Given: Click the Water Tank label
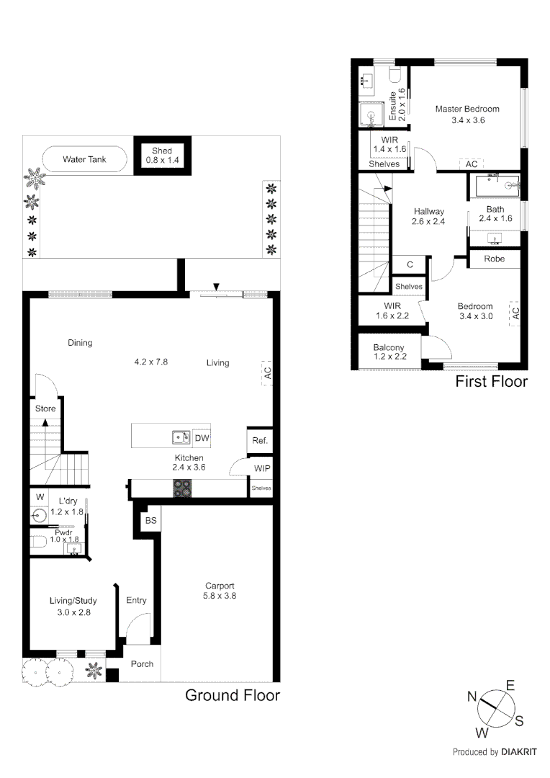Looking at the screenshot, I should (84, 159).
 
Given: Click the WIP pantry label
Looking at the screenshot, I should (261, 468).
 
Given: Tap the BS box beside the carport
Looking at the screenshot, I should (150, 520).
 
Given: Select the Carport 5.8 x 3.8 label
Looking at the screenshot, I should (220, 591).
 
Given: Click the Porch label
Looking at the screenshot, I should (142, 663).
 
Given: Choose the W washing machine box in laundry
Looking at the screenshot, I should (39, 497).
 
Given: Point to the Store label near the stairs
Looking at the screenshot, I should (45, 408).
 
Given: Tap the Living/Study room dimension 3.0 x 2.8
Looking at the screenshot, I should (73, 613).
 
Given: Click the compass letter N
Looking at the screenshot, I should (472, 696).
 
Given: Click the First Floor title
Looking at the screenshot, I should (491, 382).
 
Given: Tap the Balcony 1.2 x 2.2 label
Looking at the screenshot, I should (389, 352).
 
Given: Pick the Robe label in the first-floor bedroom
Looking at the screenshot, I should (494, 259).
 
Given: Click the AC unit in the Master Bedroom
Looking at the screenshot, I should (472, 164).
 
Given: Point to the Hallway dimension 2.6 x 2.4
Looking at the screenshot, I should (428, 222).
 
